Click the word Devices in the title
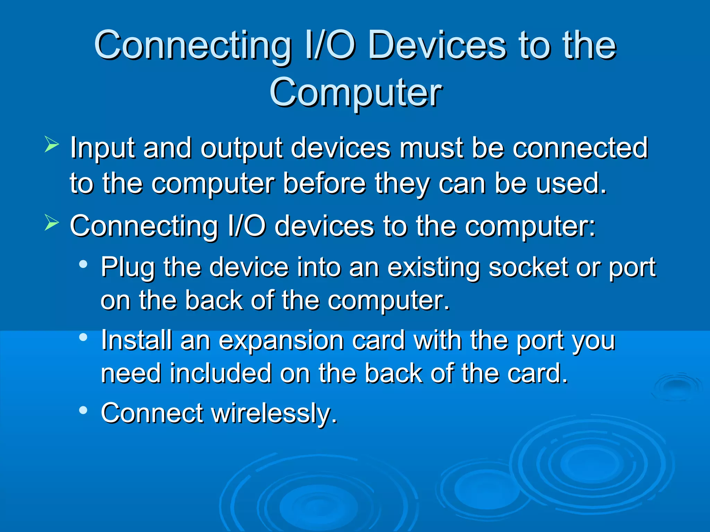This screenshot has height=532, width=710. pyautogui.click(x=437, y=46)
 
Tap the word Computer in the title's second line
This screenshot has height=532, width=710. pyautogui.click(x=356, y=92)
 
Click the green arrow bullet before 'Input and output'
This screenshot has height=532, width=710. pyautogui.click(x=52, y=145)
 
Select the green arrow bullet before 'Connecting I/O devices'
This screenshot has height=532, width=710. pyautogui.click(x=52, y=223)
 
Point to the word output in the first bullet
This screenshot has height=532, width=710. pyautogui.click(x=241, y=148)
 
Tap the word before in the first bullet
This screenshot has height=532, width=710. pyautogui.click(x=324, y=184)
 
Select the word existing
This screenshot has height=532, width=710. pyautogui.click(x=433, y=268)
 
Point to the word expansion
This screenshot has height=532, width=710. pyautogui.click(x=281, y=341)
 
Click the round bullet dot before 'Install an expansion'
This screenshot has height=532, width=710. pyautogui.click(x=83, y=337)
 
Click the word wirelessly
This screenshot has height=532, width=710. pyautogui.click(x=274, y=413)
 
